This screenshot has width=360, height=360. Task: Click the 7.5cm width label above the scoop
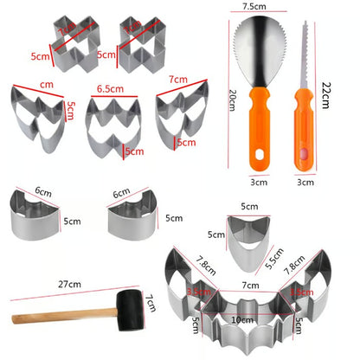pos(255,7)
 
